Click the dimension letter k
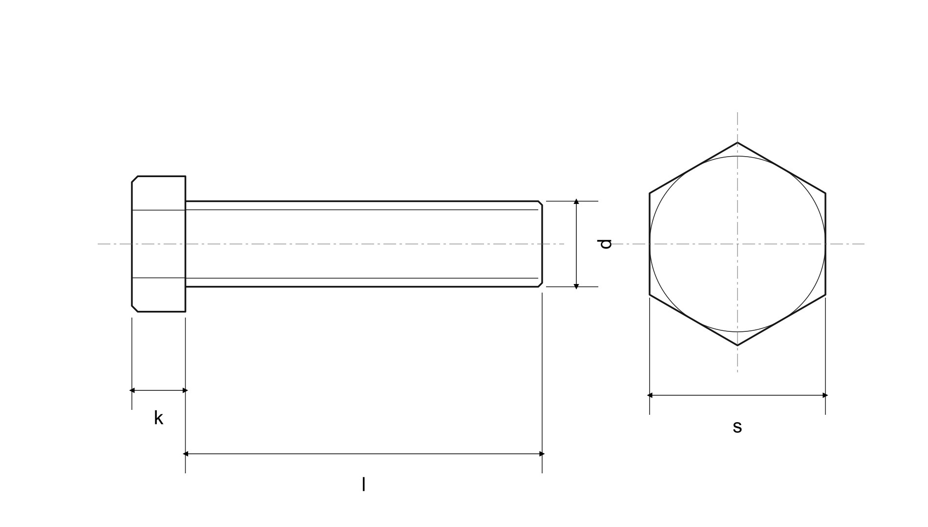click(159, 418)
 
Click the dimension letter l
click(363, 485)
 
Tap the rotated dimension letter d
click(605, 244)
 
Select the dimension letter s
click(737, 427)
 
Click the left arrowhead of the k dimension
click(132, 390)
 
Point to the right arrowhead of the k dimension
click(185, 390)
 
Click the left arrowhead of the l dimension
click(186, 454)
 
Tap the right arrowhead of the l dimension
click(542, 454)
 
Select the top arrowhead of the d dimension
click(576, 202)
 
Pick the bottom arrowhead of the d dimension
click(576, 286)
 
